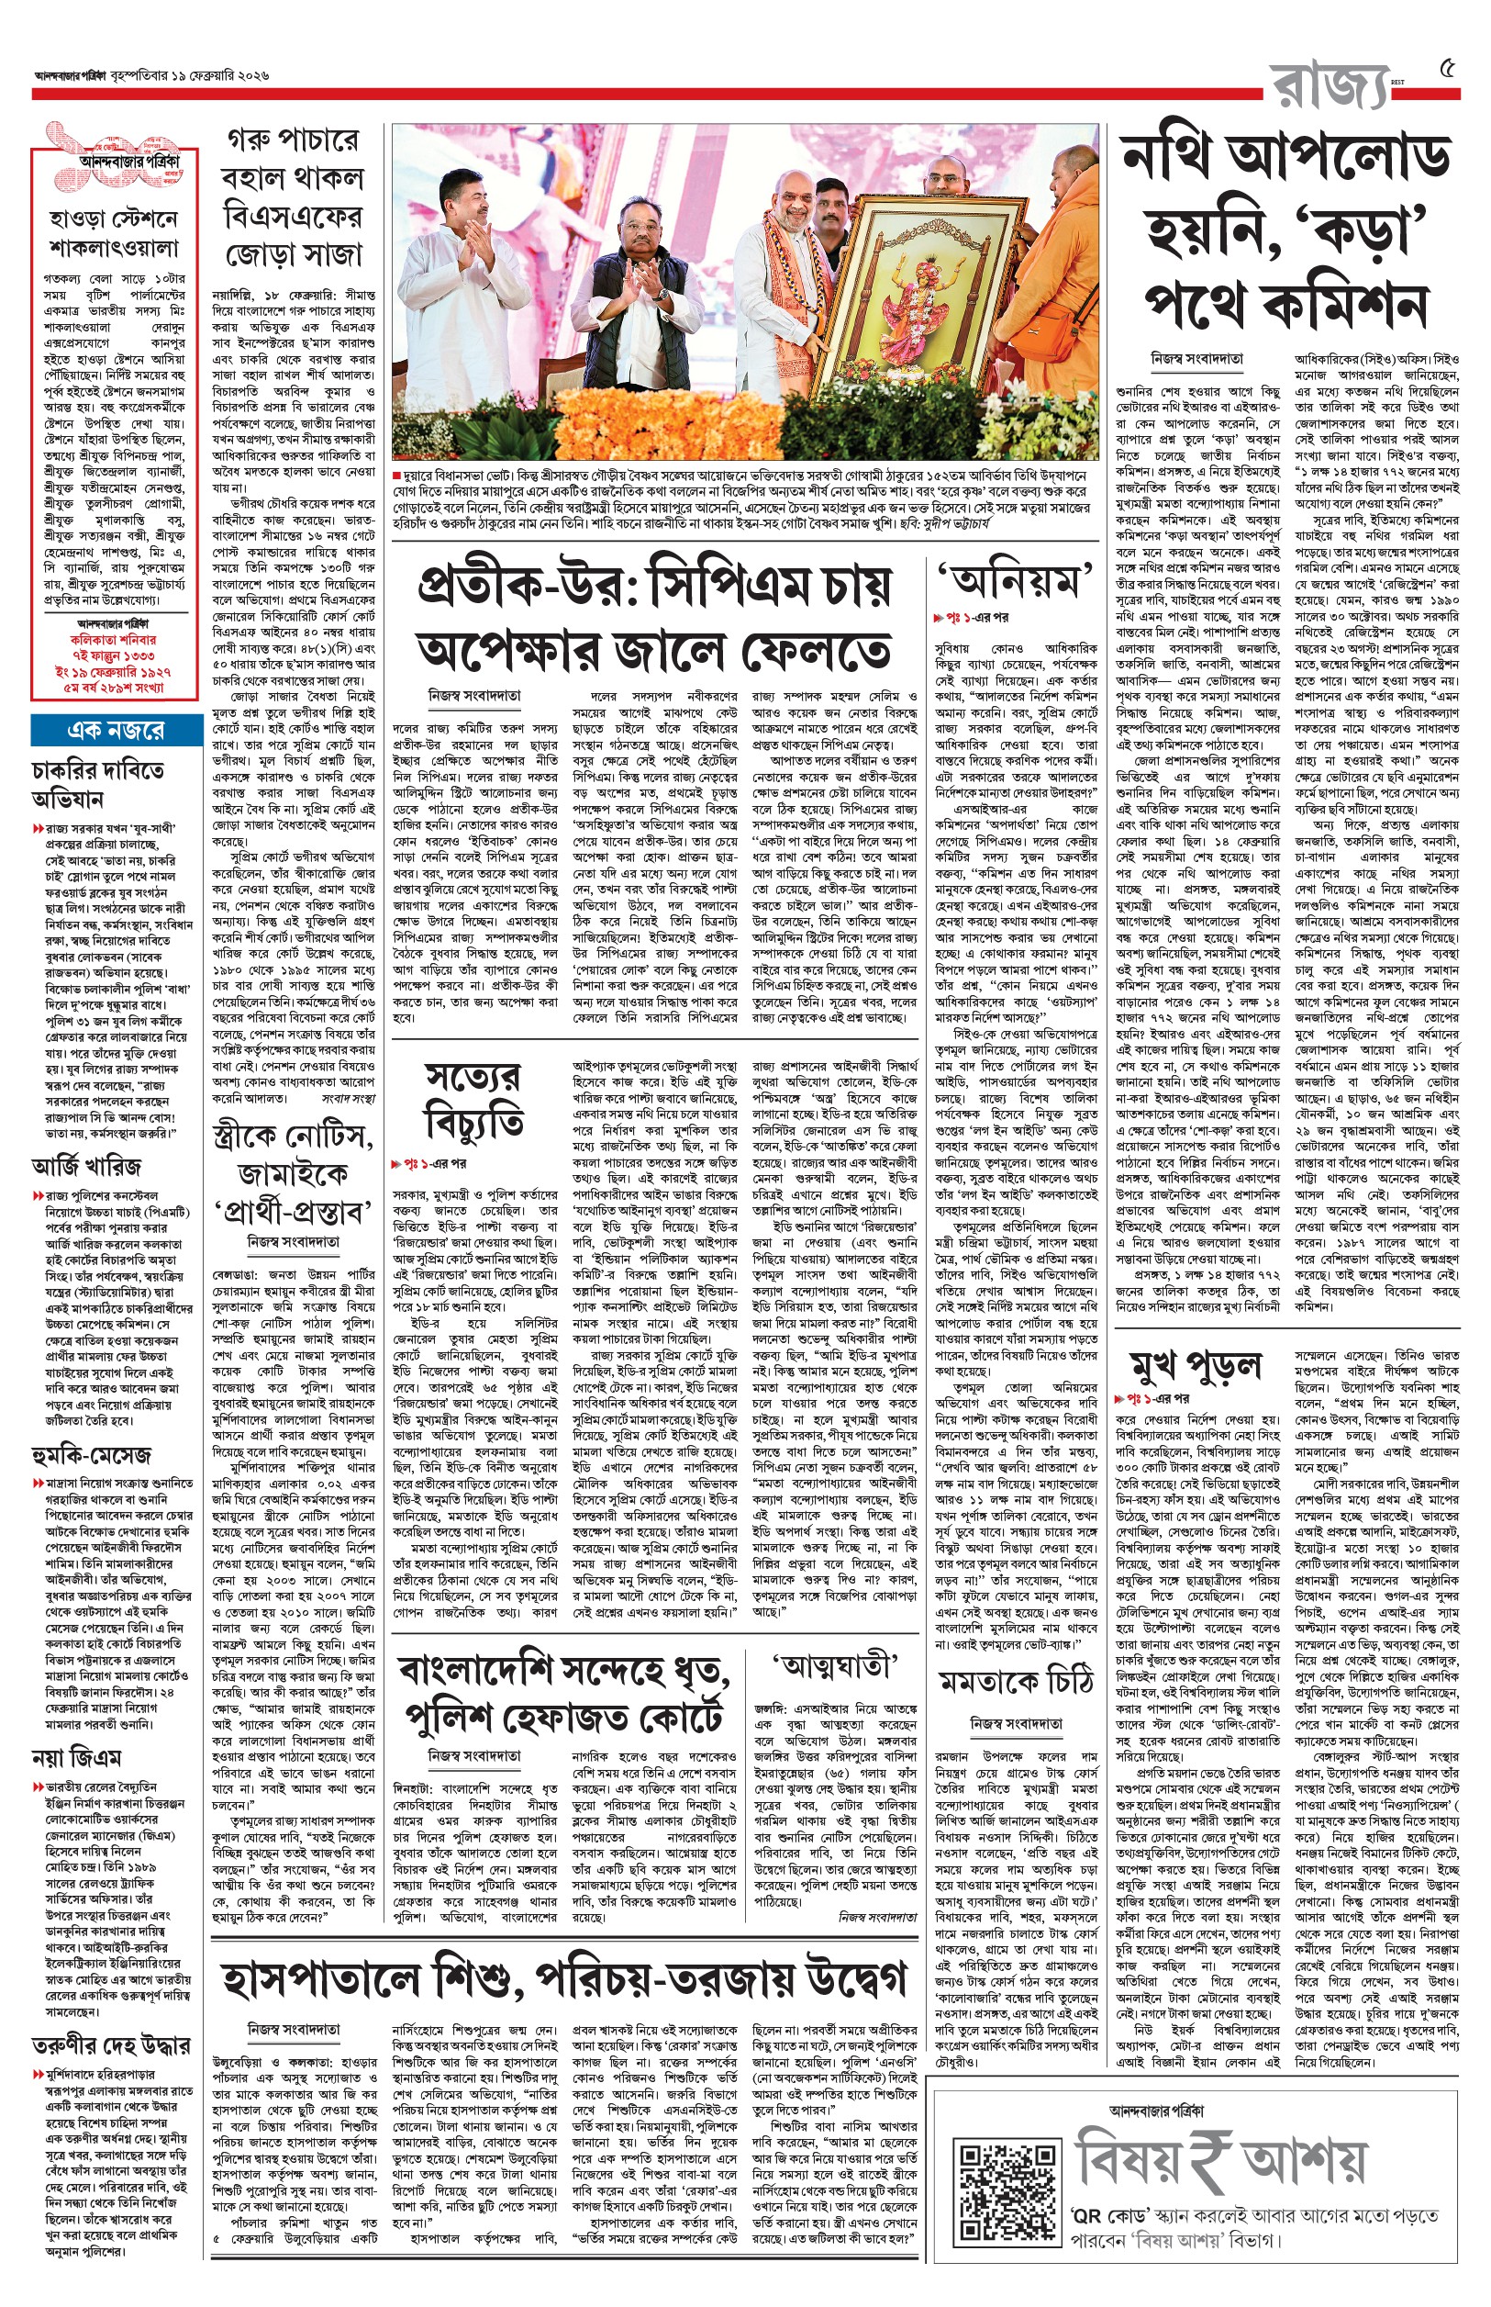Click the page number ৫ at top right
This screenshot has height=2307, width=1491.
coord(1448,69)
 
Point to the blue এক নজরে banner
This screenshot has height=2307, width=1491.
coord(117,729)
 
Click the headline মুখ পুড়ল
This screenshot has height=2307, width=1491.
coord(1196,1367)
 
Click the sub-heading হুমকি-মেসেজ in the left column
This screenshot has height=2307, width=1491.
coord(91,1454)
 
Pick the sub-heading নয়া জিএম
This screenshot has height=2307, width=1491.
coord(76,1756)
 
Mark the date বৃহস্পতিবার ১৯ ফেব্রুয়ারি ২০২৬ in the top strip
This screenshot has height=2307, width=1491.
coord(190,75)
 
